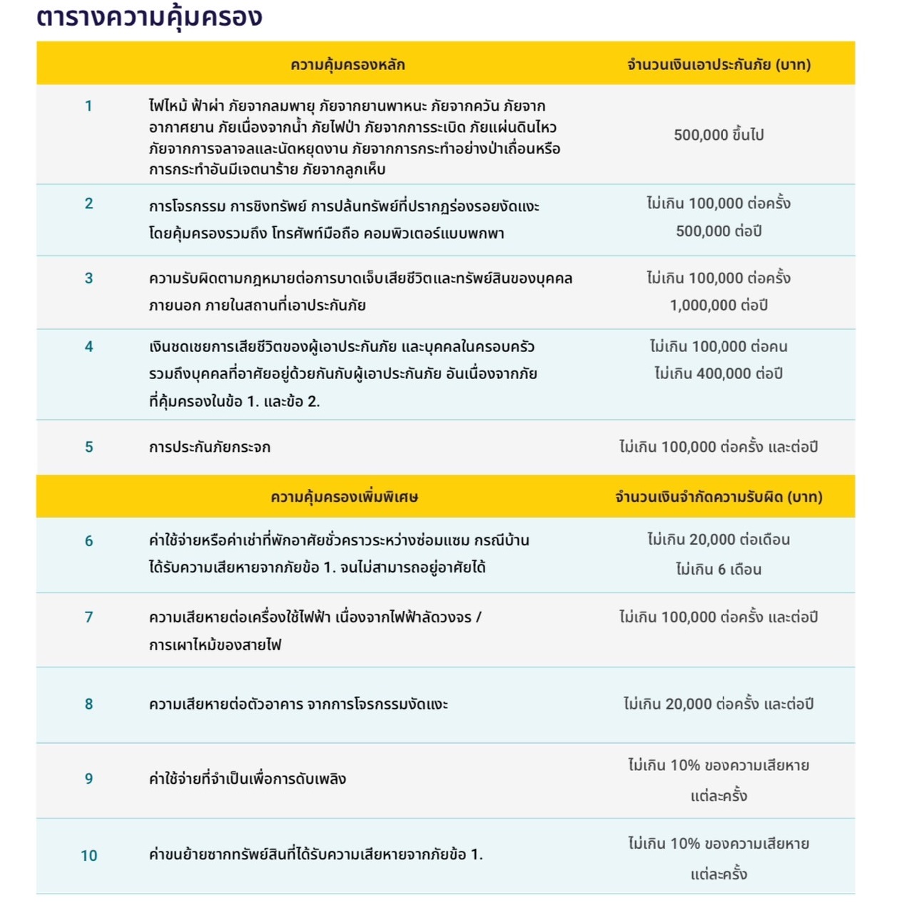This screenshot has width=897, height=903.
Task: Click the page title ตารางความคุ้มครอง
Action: tap(149, 17)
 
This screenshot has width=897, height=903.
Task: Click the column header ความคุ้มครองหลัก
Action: tap(348, 65)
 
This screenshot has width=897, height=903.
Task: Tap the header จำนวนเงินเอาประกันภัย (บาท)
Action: tap(719, 65)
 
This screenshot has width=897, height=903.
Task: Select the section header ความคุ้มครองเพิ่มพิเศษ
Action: tap(344, 497)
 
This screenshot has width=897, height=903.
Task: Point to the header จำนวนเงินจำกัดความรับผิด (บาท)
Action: tap(719, 497)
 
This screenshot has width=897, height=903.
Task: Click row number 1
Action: tap(88, 106)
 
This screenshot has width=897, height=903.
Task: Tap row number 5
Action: tap(88, 448)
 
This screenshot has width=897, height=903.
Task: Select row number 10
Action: tap(88, 856)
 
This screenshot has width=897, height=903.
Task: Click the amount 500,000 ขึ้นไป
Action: tap(719, 135)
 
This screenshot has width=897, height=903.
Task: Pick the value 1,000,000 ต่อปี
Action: tap(719, 306)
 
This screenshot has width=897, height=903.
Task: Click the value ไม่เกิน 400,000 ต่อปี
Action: tap(719, 373)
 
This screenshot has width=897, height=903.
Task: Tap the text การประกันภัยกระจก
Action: tap(210, 448)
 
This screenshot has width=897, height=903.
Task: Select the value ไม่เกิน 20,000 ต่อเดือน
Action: tap(719, 540)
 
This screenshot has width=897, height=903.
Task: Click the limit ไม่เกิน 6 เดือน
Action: tap(719, 570)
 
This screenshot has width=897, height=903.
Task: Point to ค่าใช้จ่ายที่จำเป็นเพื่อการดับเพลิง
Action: tap(248, 779)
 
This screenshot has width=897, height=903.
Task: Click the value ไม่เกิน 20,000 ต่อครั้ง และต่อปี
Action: tap(719, 705)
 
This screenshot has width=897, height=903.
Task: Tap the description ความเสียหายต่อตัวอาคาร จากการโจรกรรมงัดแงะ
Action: tap(298, 705)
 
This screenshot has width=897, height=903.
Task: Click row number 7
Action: tap(88, 617)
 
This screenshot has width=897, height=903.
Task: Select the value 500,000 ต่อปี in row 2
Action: tap(719, 231)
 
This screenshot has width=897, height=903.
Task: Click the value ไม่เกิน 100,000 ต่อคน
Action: tap(719, 347)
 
